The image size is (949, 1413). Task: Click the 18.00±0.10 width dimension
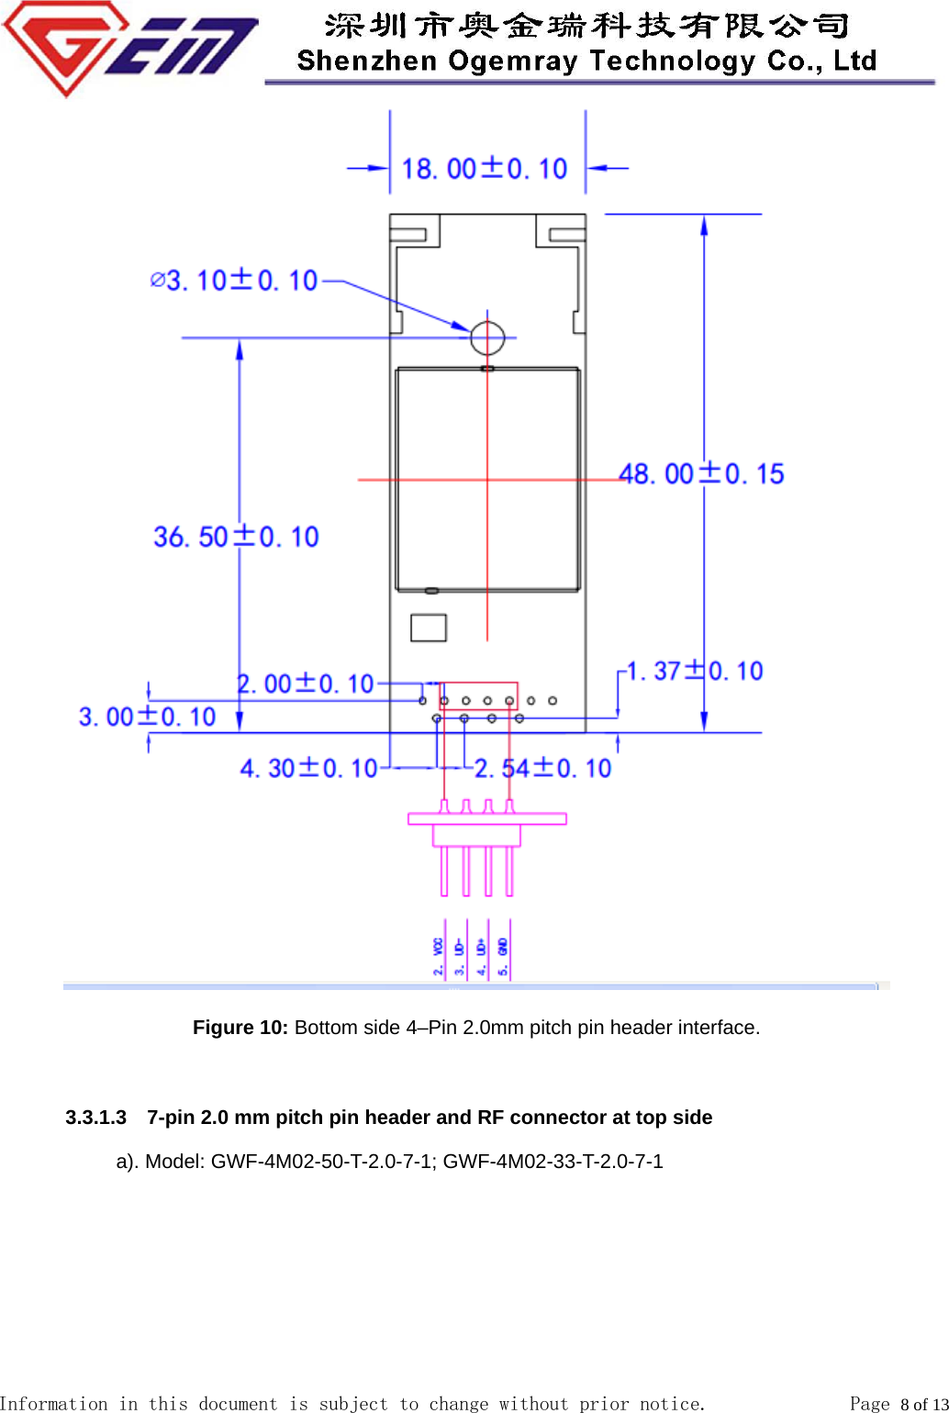485,169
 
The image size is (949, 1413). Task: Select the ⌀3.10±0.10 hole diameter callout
234,280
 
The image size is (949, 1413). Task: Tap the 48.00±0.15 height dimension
701,474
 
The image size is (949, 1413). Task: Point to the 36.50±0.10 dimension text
236,537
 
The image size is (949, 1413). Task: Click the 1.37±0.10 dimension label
695,672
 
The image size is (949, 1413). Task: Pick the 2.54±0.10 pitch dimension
542,768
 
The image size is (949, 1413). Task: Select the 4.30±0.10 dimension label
308,768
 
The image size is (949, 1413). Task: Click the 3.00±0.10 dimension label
147,717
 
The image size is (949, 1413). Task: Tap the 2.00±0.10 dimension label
306,684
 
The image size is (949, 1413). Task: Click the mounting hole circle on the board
487,338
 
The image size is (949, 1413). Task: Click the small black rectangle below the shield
429,628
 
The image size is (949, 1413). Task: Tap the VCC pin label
439,954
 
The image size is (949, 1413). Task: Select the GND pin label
503,954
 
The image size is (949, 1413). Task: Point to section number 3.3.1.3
95,1118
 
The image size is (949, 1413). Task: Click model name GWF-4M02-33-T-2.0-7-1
553,1162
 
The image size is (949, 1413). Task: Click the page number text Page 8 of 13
898,1404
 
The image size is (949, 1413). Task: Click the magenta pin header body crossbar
486,818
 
